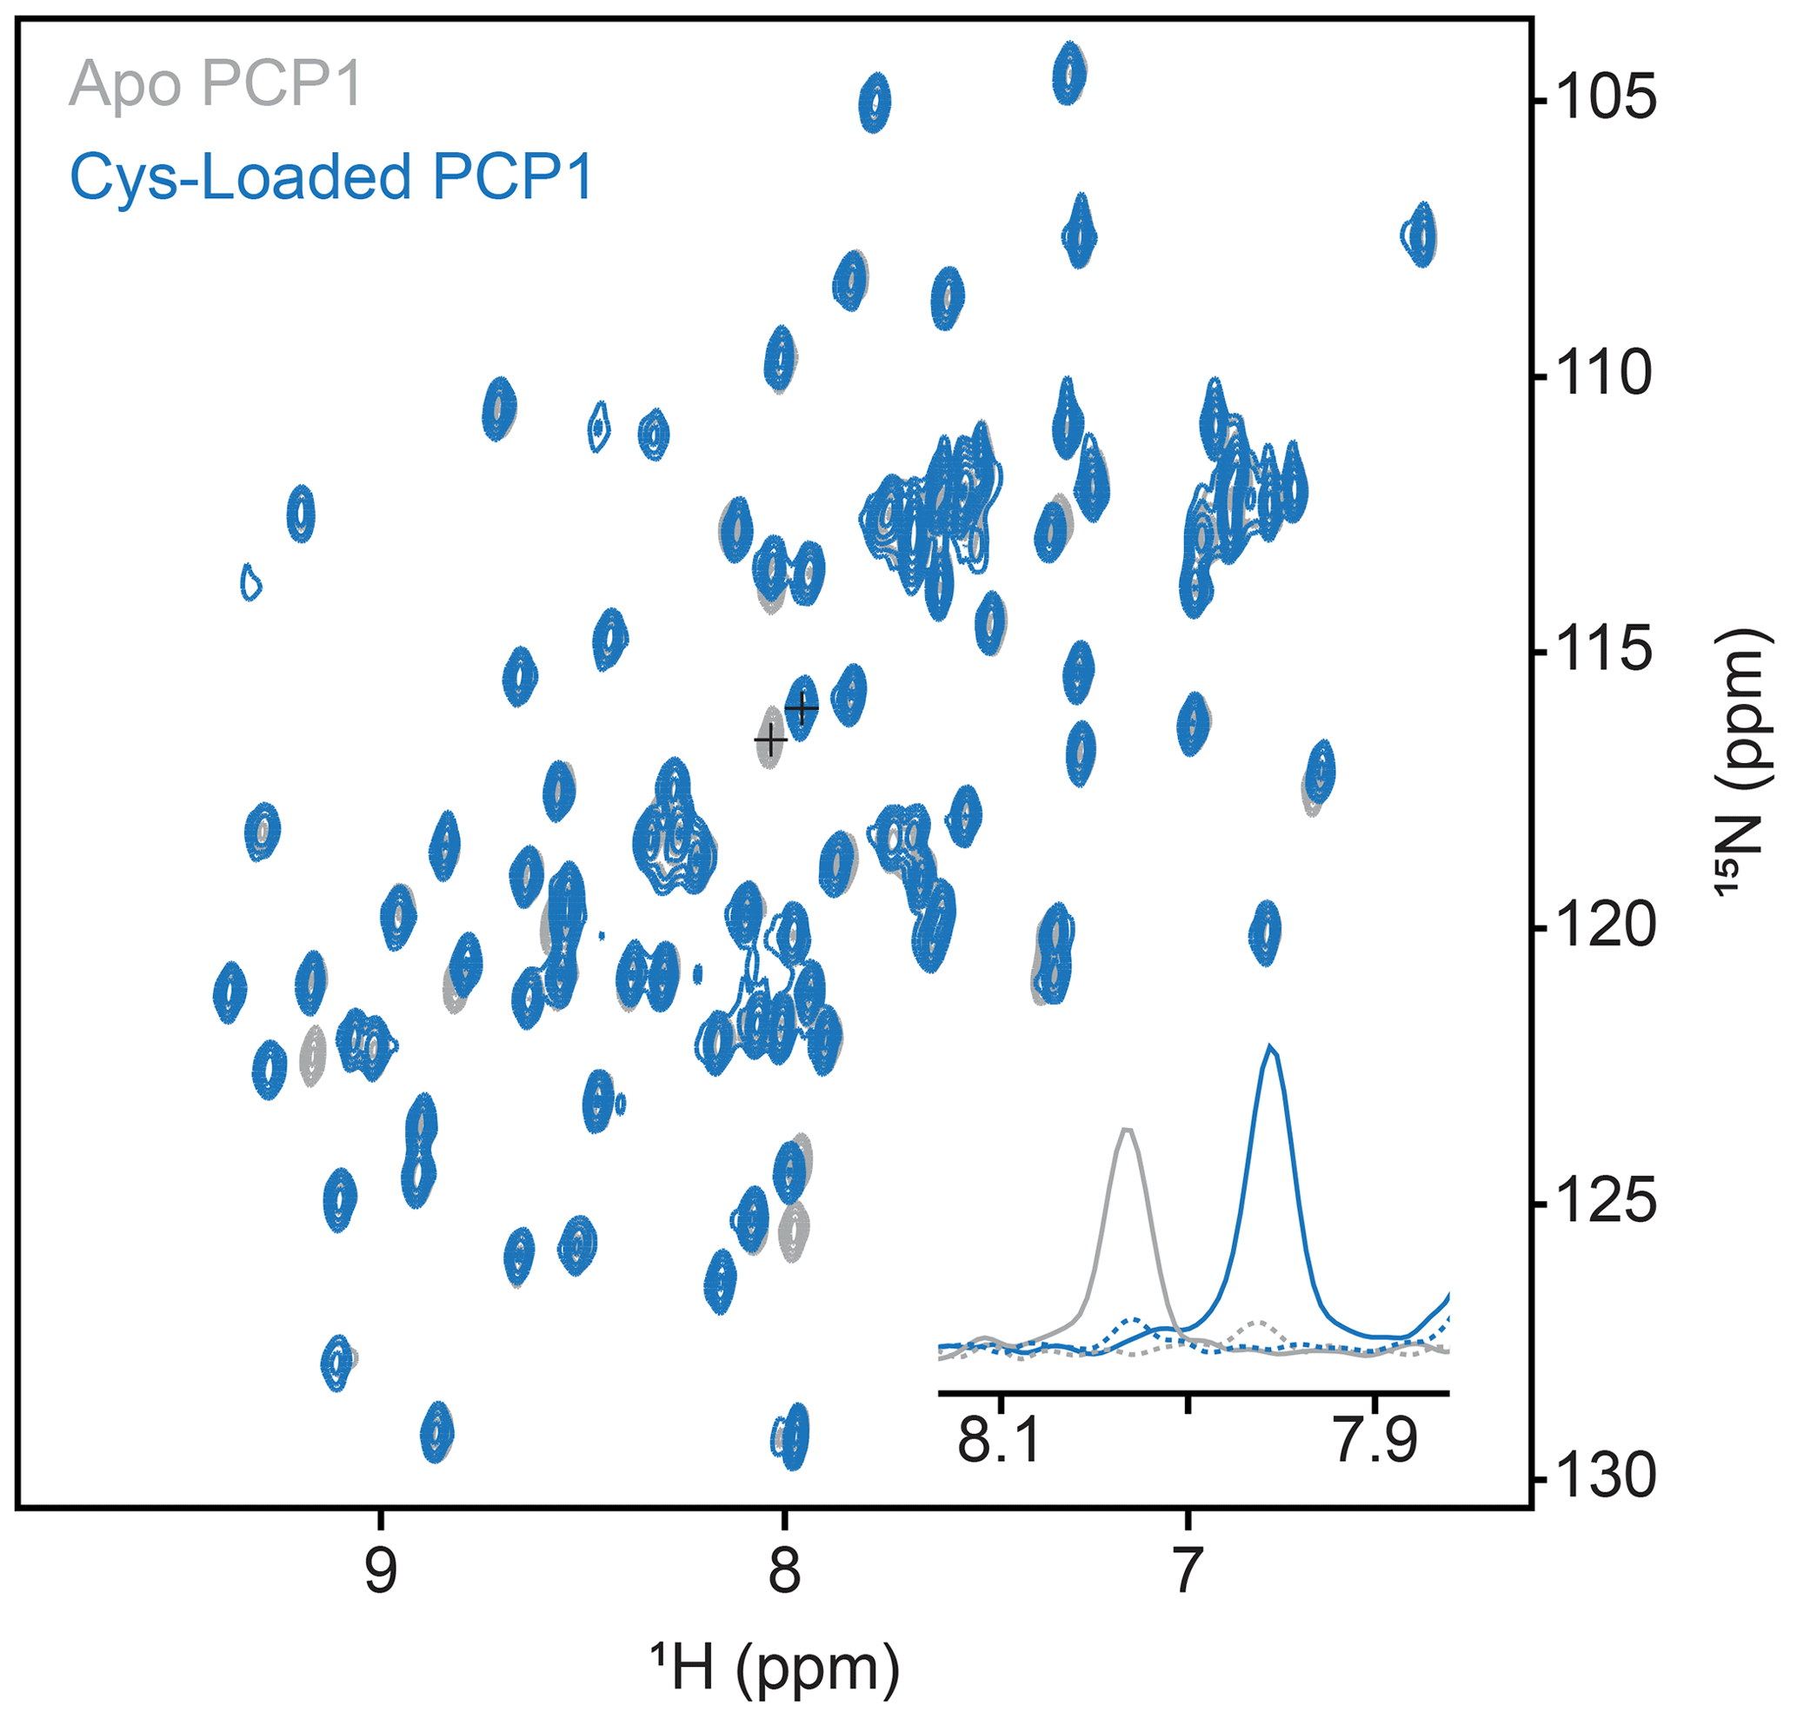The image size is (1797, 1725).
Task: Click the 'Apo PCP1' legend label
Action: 216,84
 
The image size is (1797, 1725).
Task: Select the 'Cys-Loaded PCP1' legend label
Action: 332,176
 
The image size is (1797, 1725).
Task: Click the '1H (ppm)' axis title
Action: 775,1669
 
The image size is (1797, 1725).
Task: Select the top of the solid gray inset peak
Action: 1128,1130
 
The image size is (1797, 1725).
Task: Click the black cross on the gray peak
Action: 771,738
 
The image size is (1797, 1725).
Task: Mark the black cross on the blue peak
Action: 802,707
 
